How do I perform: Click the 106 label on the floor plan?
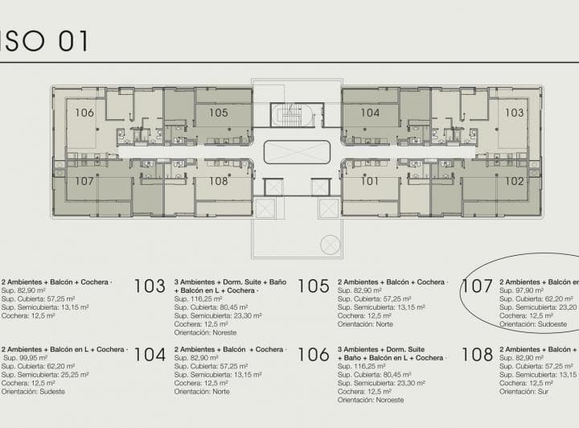tap(84, 113)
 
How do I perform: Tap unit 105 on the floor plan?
tap(219, 113)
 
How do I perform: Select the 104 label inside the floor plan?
tap(370, 113)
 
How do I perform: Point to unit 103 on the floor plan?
tap(514, 113)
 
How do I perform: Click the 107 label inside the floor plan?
tap(84, 181)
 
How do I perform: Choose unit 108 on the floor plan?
tap(219, 181)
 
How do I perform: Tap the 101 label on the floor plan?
tap(370, 181)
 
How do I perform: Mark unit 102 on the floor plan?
tap(515, 181)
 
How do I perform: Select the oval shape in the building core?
tap(297, 152)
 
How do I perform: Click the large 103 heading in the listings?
tap(150, 286)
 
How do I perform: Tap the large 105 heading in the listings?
tap(314, 286)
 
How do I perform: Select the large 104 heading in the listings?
tap(150, 355)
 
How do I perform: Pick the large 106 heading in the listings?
tap(314, 355)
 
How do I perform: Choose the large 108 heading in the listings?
tap(477, 355)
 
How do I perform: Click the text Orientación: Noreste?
tap(205, 324)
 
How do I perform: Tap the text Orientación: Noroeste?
tap(370, 400)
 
